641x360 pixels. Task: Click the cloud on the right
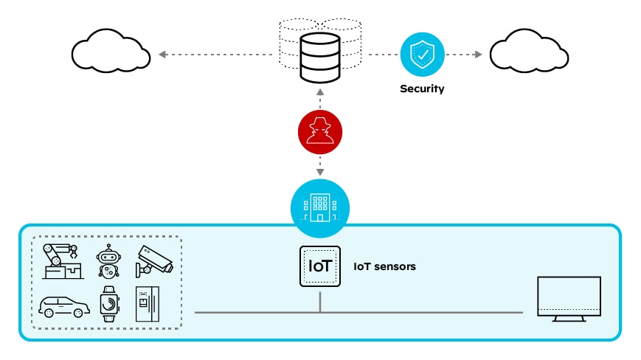529,54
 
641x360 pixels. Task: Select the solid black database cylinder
319,58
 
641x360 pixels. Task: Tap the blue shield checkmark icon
422,55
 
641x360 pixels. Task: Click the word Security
422,89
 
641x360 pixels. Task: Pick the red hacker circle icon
319,134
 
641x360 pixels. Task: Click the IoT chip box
320,266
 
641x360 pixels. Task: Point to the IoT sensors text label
384,266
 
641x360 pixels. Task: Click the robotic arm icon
63,261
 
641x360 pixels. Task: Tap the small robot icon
108,262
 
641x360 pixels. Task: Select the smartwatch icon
108,303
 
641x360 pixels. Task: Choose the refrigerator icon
148,303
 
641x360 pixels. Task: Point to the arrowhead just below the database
319,93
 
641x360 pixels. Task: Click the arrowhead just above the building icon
319,173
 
